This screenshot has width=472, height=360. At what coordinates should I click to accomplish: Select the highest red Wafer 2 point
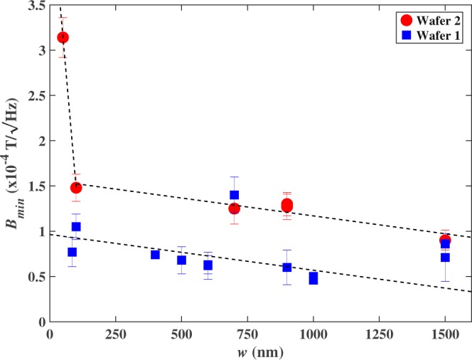point(63,37)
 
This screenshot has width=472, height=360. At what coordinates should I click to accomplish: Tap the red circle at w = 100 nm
point(76,187)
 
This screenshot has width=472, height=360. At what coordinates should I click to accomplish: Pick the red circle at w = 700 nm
point(234,208)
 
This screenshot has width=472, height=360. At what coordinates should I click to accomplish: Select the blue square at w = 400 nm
point(155,255)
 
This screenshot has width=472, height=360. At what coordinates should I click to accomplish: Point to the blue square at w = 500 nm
point(181,260)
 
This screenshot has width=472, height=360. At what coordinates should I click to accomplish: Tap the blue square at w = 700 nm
point(234,195)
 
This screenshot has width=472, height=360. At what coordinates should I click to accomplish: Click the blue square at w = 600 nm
point(208,265)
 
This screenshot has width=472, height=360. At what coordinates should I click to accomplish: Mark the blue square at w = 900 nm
point(286,267)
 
